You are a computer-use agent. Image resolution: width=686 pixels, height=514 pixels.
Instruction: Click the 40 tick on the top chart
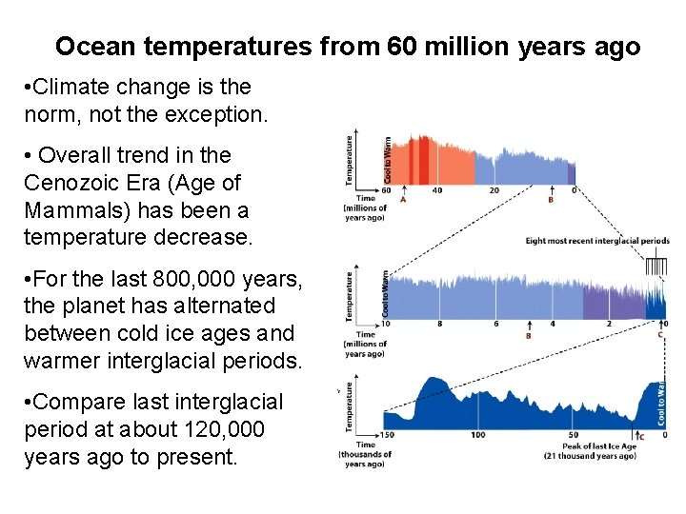tap(437, 190)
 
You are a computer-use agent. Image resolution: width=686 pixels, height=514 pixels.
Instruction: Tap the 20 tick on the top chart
tap(494, 190)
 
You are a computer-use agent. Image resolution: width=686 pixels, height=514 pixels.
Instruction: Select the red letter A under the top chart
tap(402, 200)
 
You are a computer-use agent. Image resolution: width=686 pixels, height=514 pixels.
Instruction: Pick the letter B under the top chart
tap(551, 200)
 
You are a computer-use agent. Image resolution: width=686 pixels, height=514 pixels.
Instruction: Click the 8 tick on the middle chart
tap(439, 324)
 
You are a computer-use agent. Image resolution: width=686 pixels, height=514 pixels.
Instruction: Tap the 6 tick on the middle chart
tap(495, 324)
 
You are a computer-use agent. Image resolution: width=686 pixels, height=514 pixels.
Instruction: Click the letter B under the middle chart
tap(528, 335)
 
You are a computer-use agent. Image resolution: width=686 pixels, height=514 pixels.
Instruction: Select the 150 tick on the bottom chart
tap(387, 434)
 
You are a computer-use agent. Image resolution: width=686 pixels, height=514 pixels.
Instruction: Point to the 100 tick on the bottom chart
tap(477, 434)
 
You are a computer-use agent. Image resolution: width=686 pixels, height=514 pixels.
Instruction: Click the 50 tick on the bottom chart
tap(570, 434)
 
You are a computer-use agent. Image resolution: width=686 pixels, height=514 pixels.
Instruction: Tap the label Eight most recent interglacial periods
tap(597, 241)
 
